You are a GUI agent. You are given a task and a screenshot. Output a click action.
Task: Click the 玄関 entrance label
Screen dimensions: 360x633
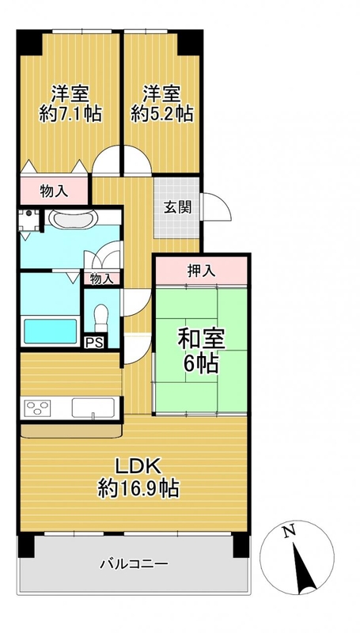tap(176, 207)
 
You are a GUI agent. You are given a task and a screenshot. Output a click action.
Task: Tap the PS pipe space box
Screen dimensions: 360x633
tap(94, 343)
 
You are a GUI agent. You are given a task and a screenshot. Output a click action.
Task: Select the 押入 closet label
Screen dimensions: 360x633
tap(202, 271)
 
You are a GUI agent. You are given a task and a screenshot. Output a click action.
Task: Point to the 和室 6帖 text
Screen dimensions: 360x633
tap(201, 352)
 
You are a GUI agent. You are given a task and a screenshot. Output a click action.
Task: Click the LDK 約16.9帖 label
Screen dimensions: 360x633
tap(138, 478)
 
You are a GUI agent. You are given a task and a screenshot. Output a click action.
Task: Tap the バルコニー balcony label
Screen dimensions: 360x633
tap(134, 563)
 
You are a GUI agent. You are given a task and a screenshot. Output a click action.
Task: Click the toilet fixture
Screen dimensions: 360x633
tap(101, 317)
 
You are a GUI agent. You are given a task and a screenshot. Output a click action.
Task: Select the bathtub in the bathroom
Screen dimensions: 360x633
tap(51, 331)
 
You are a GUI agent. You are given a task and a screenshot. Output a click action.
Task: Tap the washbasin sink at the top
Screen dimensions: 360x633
tap(73, 218)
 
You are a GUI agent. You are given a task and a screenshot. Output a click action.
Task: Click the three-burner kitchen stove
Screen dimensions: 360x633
tap(37, 408)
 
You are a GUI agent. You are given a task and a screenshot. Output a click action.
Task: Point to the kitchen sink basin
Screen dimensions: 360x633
tap(93, 407)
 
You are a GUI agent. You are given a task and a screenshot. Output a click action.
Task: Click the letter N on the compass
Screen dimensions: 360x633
tap(288, 532)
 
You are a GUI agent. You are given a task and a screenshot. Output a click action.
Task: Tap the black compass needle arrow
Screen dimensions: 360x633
tap(304, 568)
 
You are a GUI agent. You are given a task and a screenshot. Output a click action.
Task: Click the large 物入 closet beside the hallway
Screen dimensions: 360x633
tap(54, 191)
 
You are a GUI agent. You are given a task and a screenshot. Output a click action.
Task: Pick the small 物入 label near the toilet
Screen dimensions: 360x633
tap(102, 279)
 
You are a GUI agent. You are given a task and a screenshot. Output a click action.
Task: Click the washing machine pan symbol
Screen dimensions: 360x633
tap(29, 219)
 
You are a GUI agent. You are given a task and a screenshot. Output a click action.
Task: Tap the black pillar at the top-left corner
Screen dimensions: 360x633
tap(29, 42)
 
